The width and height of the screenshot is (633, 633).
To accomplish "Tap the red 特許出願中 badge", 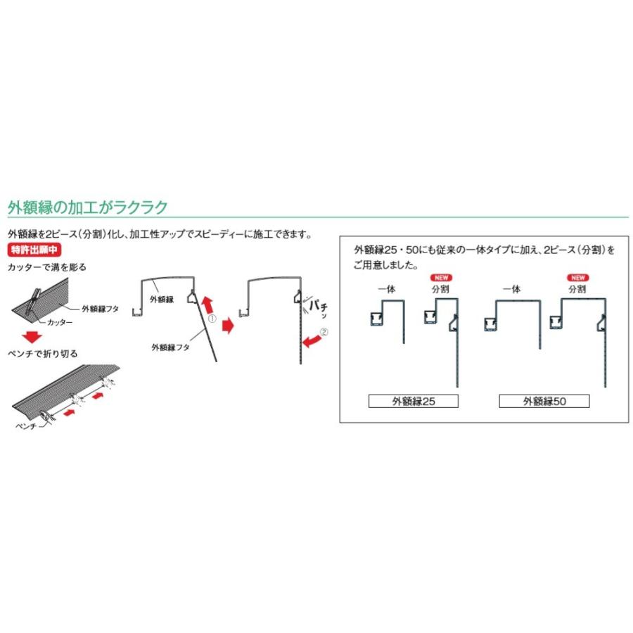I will point(34,250).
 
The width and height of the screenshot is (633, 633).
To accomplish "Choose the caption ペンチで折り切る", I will point(42,354).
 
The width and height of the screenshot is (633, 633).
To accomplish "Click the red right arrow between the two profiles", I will point(228,326).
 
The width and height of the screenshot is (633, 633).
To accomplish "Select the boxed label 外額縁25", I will point(414,402).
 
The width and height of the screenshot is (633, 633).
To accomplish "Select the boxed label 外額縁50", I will point(544,402).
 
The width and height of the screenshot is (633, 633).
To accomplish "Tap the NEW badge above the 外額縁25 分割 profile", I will point(439,276).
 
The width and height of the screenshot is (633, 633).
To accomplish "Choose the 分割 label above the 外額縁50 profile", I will point(577,288).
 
